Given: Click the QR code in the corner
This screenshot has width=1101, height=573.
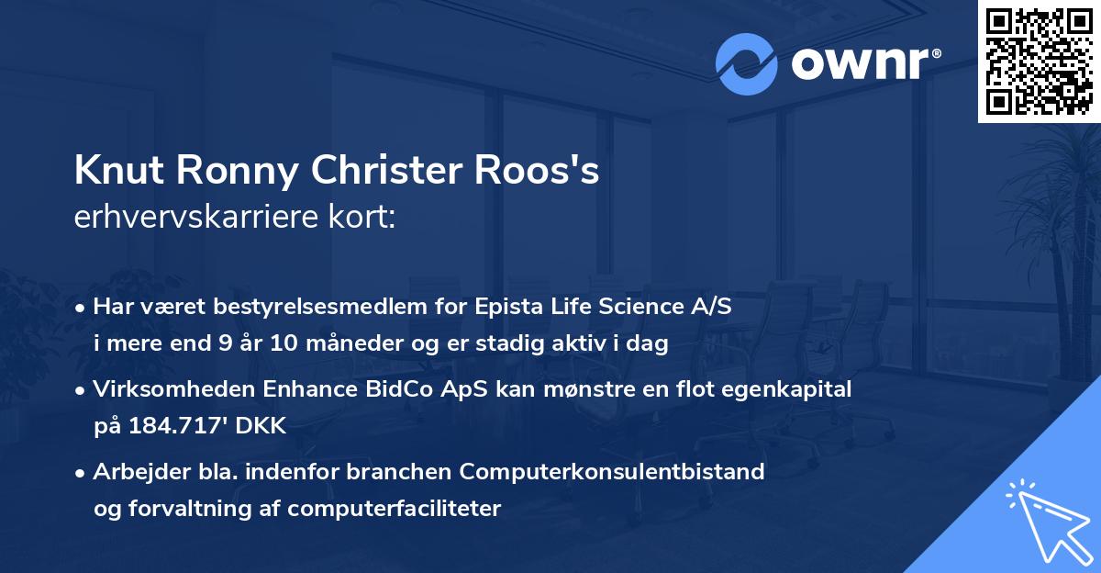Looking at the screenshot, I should coord(1038,62).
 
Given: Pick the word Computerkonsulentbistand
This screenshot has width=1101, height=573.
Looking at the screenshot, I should coord(612,472).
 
